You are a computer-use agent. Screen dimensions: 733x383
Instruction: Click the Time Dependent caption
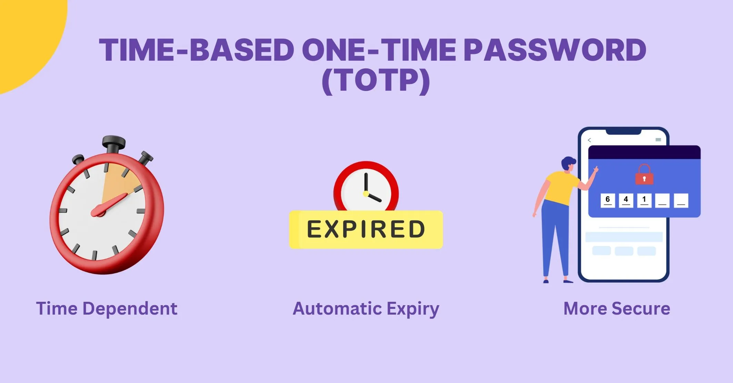pos(107,309)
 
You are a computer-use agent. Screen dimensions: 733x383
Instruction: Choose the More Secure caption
pos(616,309)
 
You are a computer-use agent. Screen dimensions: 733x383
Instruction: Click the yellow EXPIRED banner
pos(366,230)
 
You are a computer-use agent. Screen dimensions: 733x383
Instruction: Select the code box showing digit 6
pos(608,201)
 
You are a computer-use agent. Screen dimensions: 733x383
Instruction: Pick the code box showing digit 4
pos(626,201)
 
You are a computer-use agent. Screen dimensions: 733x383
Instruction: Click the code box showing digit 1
pos(644,201)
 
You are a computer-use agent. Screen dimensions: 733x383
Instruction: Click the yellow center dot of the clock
pos(366,194)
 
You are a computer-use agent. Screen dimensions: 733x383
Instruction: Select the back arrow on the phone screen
pos(589,140)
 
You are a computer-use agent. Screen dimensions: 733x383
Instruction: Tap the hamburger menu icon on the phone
pos(658,140)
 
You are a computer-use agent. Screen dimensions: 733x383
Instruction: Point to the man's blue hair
pos(568,162)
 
